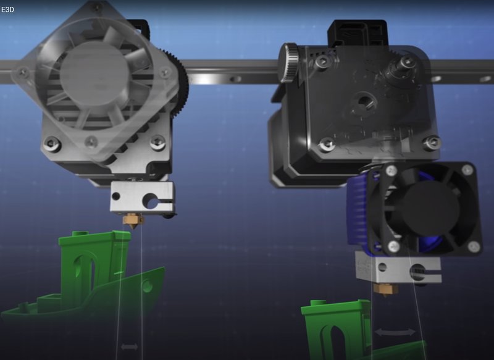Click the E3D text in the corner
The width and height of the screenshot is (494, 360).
7,9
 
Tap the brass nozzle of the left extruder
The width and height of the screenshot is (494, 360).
133,219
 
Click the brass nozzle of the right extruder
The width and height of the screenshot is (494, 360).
385,289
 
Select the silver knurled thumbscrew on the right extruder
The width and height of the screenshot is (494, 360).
289,64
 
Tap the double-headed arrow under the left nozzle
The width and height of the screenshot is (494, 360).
130,347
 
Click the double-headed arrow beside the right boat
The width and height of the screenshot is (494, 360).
395,332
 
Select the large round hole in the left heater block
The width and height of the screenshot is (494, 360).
151,201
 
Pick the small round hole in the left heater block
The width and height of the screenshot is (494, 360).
116,196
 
